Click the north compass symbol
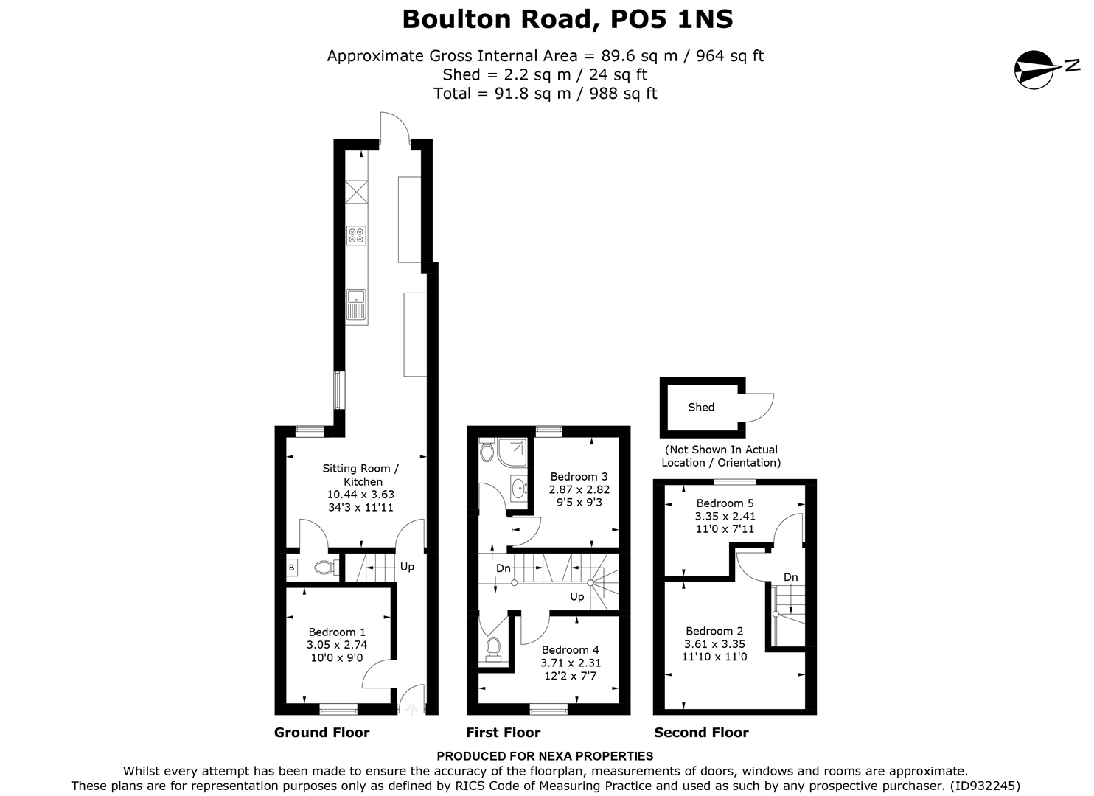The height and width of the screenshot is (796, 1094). coord(1036,69)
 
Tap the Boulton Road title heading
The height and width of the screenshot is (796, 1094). coord(567,19)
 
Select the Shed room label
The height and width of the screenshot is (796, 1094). coord(700,407)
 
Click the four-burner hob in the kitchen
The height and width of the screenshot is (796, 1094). coord(357,235)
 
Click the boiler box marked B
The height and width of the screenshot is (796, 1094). coord(291,568)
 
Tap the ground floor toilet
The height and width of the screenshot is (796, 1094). coord(325,568)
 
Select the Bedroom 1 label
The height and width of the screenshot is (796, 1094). coord(337,632)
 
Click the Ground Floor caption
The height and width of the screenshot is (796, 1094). coord(321,733)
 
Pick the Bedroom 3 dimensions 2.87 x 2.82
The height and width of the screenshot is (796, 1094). coord(579,489)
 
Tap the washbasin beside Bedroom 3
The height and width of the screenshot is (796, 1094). coord(519,487)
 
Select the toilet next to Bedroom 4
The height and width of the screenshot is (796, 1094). coord(493,647)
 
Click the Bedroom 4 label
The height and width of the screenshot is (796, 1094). coord(570,649)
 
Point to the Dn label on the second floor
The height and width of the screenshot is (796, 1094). coord(790,577)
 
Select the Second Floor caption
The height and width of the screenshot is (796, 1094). coord(701,733)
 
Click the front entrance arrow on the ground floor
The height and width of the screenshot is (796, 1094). coord(411,708)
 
